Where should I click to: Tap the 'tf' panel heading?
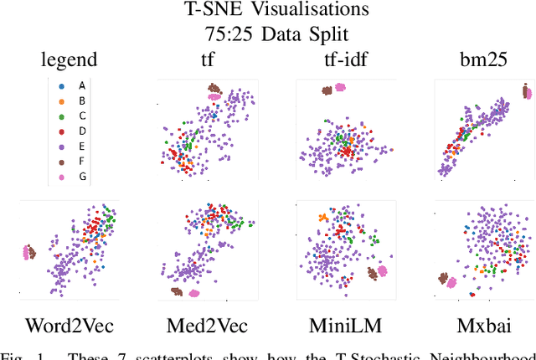coord(208,60)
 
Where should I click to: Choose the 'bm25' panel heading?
coord(477,60)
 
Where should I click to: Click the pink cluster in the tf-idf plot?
coord(340,87)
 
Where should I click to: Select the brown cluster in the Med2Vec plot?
coord(176,291)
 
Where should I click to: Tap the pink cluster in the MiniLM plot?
coord(384,270)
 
